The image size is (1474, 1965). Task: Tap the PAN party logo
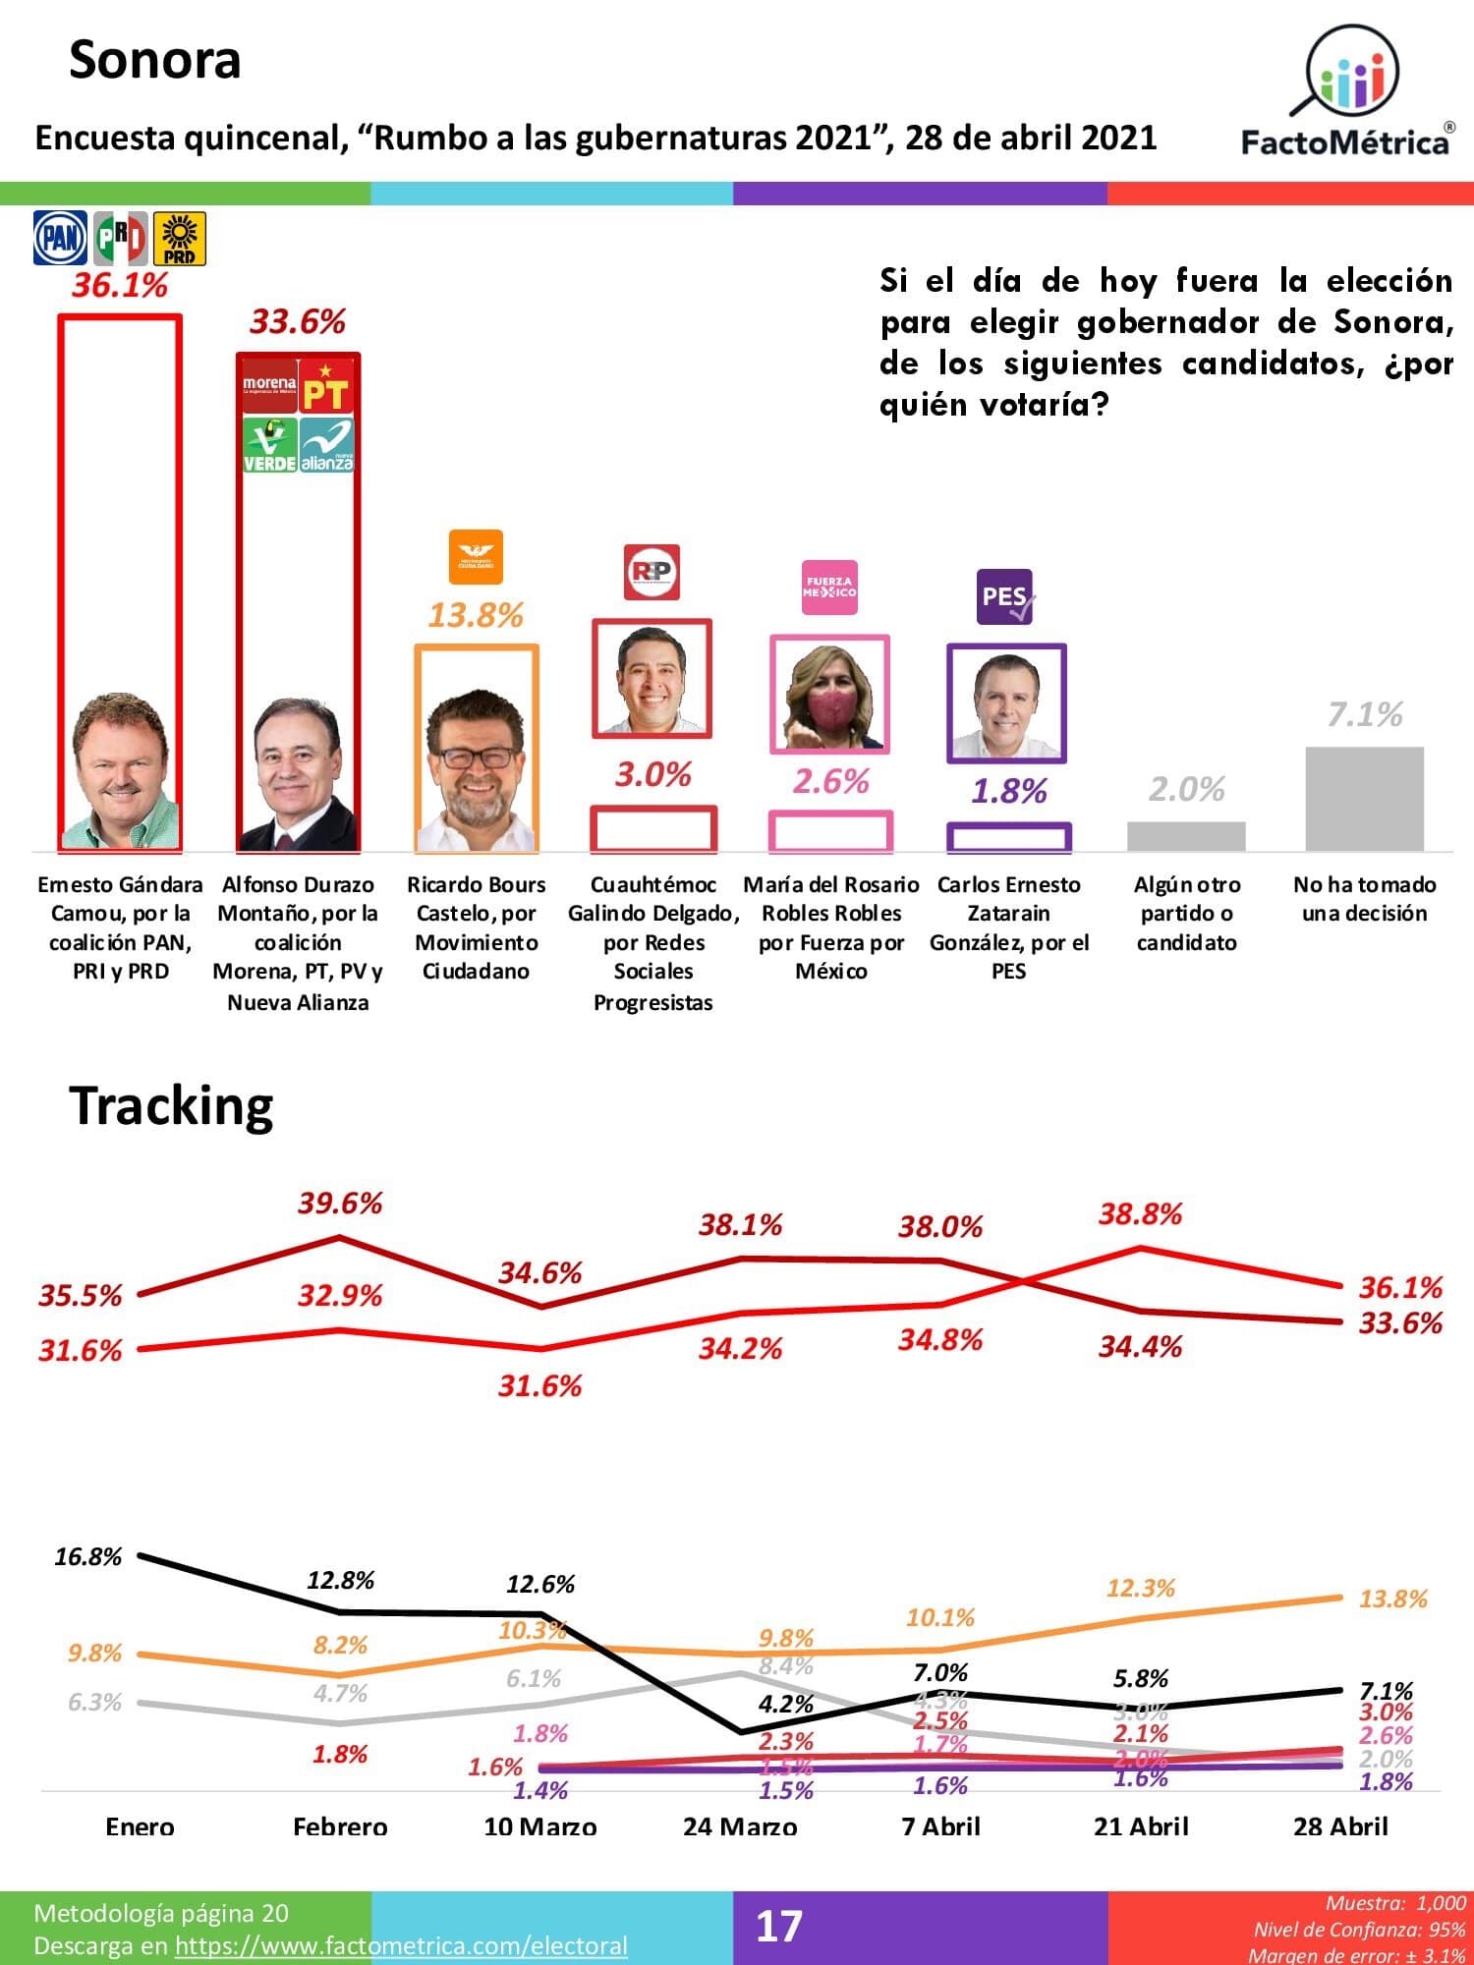point(61,238)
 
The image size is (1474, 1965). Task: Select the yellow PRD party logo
point(179,238)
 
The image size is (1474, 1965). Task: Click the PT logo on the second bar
point(326,386)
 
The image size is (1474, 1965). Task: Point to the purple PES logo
point(1005,596)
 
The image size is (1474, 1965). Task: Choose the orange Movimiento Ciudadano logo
point(476,557)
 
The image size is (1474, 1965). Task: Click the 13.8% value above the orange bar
point(476,615)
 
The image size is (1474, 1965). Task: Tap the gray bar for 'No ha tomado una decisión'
point(1364,798)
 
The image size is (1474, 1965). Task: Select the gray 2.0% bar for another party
point(1186,835)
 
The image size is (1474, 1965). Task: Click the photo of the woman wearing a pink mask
point(830,695)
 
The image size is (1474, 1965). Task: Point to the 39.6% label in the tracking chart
point(340,1203)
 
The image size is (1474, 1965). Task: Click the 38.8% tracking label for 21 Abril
point(1140,1214)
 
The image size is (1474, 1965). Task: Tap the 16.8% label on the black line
point(88,1556)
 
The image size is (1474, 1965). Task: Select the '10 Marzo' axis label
point(540,1826)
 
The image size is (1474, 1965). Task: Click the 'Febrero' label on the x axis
point(340,1826)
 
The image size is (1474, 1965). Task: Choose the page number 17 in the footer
point(778,1926)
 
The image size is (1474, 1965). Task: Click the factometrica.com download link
point(401,1945)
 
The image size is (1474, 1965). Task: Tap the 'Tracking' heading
point(171,1105)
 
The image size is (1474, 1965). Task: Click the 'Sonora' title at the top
point(155,60)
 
